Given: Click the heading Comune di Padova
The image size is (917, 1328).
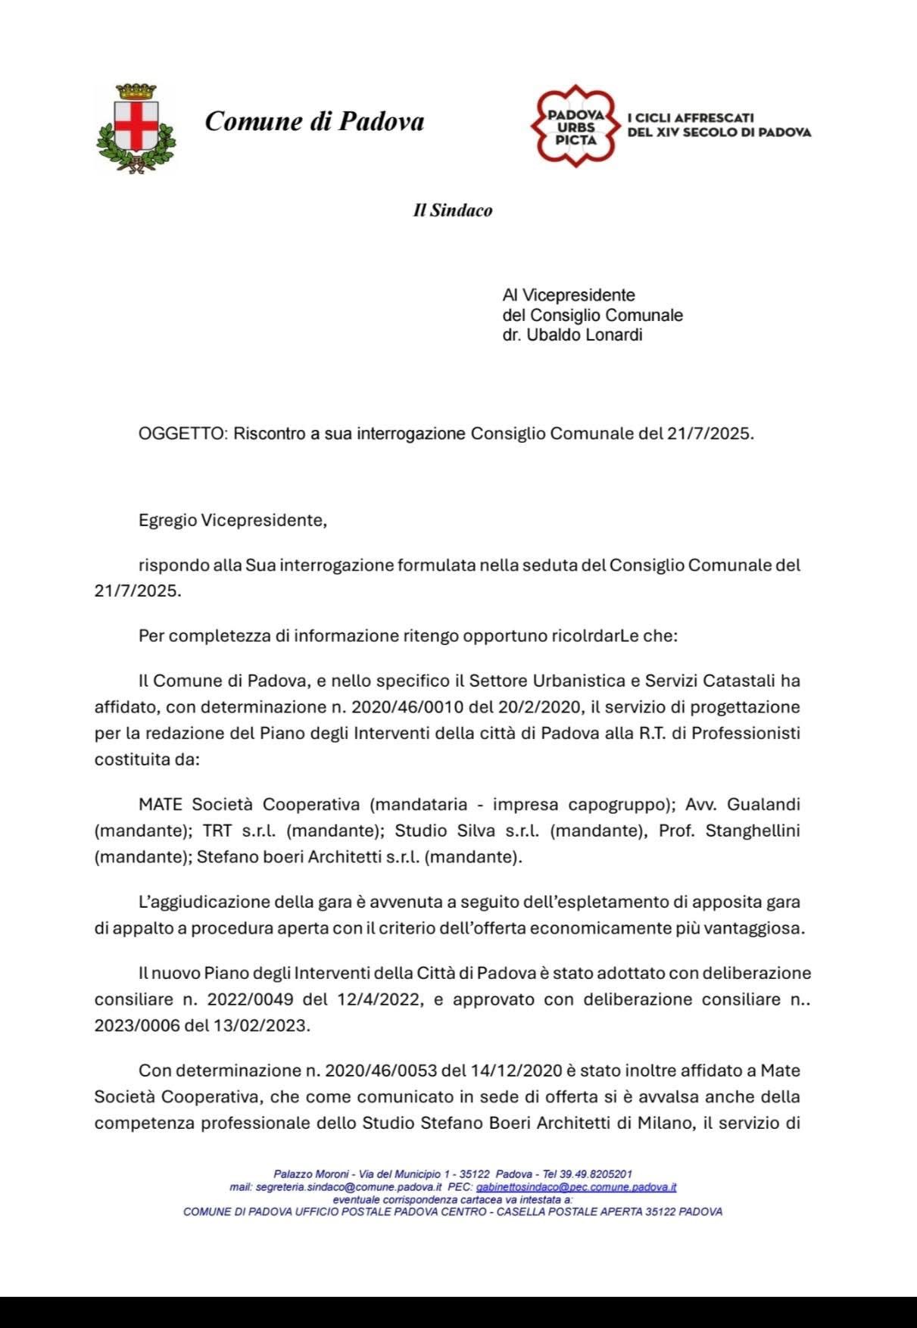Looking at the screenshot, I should (314, 121).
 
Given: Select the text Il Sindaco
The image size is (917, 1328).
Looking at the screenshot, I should (452, 210).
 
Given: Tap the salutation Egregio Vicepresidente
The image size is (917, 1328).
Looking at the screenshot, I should (232, 521).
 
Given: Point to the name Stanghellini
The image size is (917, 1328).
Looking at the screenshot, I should (753, 831).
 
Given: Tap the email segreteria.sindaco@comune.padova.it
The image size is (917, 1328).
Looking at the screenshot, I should (348, 1187).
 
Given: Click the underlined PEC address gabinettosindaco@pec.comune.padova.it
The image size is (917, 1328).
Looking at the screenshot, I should (576, 1187).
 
